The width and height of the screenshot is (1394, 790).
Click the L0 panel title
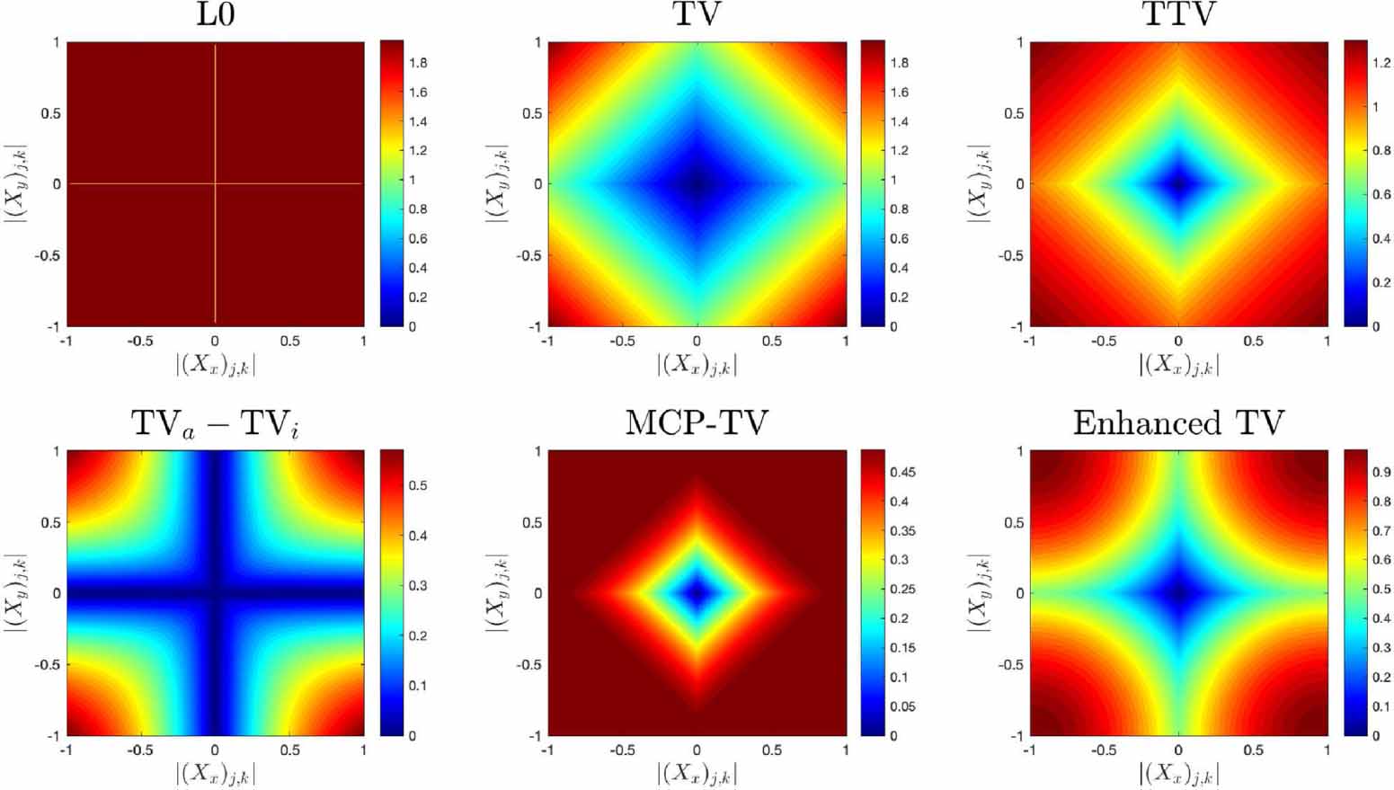pyautogui.click(x=216, y=14)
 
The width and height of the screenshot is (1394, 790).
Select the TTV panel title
pyautogui.click(x=1178, y=14)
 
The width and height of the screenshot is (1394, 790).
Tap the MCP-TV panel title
pyautogui.click(x=697, y=422)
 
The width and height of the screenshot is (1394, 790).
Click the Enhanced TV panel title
pyautogui.click(x=1178, y=422)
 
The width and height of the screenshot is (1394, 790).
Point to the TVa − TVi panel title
pyautogui.click(x=216, y=423)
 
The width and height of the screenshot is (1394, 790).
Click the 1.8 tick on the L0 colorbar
pyautogui.click(x=418, y=63)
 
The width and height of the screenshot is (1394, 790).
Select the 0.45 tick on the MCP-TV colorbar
pyautogui.click(x=902, y=472)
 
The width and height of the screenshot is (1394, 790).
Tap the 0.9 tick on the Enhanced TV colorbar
pyautogui.click(x=1381, y=472)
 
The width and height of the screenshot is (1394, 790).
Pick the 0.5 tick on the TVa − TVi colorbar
pyautogui.click(x=418, y=485)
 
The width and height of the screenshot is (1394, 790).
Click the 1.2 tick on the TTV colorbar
pyautogui.click(x=1381, y=63)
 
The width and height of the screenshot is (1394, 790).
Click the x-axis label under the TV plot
pyautogui.click(x=697, y=364)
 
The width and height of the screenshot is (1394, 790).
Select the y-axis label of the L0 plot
pyautogui.click(x=16, y=183)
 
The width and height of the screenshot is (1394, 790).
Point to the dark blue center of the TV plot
pyautogui.click(x=697, y=183)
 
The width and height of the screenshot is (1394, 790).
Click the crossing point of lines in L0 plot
pyautogui.click(x=215, y=183)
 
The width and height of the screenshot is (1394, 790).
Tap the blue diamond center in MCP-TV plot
pyautogui.click(x=697, y=592)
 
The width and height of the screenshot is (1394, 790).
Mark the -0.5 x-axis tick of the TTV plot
pyautogui.click(x=1104, y=342)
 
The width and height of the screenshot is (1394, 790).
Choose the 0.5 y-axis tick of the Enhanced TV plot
pyautogui.click(x=1014, y=522)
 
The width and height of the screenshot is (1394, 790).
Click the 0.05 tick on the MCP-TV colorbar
pyautogui.click(x=902, y=706)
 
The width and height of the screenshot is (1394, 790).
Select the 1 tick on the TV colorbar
pyautogui.click(x=893, y=180)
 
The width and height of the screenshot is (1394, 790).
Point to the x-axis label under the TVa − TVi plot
pyautogui.click(x=216, y=773)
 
